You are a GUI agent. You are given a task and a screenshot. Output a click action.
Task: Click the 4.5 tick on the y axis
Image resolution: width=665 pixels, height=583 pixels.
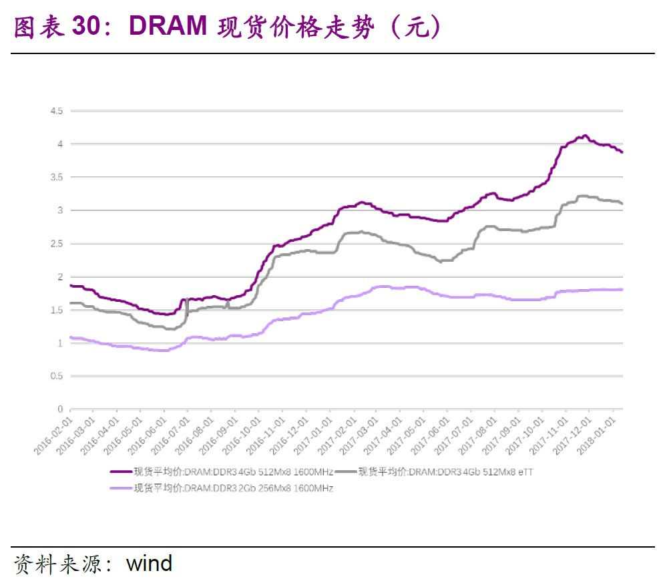pyautogui.click(x=56, y=111)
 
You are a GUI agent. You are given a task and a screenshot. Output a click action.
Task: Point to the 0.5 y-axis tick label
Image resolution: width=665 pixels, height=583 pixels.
pyautogui.click(x=56, y=376)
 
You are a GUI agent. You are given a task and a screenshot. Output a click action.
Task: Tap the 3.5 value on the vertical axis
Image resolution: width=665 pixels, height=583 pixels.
pyautogui.click(x=56, y=177)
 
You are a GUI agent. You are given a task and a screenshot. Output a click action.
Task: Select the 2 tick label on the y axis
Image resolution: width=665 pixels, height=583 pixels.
pyautogui.click(x=59, y=276)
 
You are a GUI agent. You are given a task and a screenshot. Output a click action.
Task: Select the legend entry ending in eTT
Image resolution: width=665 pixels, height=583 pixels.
pyautogui.click(x=445, y=472)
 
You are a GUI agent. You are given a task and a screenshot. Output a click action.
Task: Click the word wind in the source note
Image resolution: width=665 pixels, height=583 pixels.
pyautogui.click(x=149, y=563)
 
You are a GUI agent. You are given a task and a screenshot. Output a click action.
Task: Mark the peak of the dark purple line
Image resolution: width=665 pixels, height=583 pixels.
pyautogui.click(x=585, y=136)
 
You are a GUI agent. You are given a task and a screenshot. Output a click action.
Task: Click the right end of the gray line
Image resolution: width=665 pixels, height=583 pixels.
pyautogui.click(x=622, y=203)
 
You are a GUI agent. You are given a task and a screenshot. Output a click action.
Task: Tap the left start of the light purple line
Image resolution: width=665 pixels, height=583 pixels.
pyautogui.click(x=71, y=337)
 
